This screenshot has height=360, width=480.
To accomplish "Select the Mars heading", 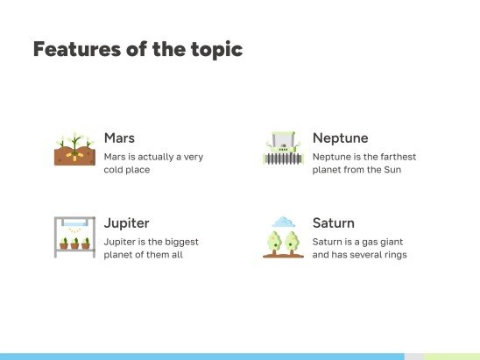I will click(x=119, y=138).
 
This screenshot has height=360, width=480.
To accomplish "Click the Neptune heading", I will click(x=340, y=138).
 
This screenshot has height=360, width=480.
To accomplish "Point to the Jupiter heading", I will click(x=126, y=223).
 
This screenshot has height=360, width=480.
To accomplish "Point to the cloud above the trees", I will click(x=284, y=222).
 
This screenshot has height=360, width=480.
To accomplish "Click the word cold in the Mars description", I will click(x=117, y=170).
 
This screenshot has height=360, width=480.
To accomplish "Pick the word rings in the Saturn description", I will click(x=393, y=255).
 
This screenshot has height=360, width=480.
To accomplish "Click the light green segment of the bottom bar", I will click(x=452, y=356).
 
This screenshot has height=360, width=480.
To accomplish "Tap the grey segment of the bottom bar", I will click(x=413, y=356).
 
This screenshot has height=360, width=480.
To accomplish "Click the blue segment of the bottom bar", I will click(x=201, y=356).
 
